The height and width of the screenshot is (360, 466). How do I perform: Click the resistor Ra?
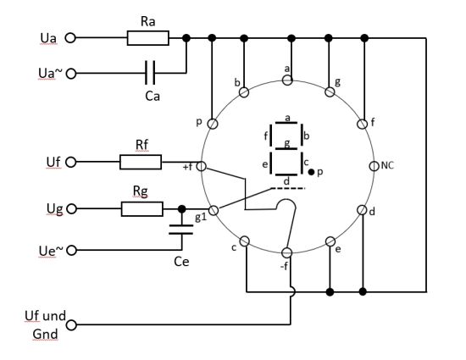click(x=148, y=38)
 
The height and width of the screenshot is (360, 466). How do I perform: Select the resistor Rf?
click(x=141, y=162)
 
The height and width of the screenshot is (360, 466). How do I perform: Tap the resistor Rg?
click(x=142, y=209)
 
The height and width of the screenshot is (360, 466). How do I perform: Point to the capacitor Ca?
click(x=150, y=73)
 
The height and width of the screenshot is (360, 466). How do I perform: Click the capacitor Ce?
click(x=181, y=230)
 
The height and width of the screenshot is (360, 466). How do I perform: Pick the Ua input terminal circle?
click(x=70, y=38)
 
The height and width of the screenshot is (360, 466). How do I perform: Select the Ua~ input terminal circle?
click(x=70, y=74)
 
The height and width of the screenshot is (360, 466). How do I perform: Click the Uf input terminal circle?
click(x=70, y=162)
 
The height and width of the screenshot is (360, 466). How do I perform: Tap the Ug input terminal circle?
click(x=71, y=209)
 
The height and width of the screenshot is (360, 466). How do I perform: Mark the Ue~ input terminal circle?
click(x=71, y=251)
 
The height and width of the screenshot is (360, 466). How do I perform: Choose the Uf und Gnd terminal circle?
click(x=71, y=325)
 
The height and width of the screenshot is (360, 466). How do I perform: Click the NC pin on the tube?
click(x=374, y=166)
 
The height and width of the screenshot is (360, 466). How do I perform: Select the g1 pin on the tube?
click(x=214, y=210)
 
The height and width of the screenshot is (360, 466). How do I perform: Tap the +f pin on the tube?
click(x=202, y=166)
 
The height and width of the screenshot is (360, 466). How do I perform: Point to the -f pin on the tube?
click(x=286, y=252)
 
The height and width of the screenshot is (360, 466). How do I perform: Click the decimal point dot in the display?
click(x=311, y=172)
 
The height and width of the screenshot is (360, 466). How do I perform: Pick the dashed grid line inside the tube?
click(x=288, y=188)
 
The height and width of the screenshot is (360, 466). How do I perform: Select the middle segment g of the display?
click(x=286, y=148)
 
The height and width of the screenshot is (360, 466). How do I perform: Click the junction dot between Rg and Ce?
click(x=182, y=209)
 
